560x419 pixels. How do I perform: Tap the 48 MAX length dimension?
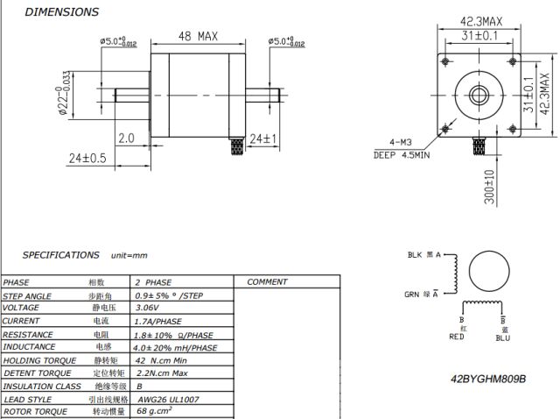pos(198,37)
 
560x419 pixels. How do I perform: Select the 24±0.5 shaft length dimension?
pos(87,158)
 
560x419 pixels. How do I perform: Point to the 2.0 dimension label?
pos(126,138)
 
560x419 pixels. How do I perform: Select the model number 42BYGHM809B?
pos(488,379)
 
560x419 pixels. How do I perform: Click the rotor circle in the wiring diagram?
pos(489,273)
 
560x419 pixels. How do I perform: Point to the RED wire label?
pos(456,337)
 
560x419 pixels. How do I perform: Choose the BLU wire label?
pos(503,337)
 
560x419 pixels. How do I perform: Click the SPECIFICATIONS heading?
pos(60,255)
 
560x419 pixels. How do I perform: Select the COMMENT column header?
pos(267,282)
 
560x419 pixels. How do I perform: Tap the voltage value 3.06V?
pos(146,308)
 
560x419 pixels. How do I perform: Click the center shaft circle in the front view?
pos(480,94)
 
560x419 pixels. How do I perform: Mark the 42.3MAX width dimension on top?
pos(481,21)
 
